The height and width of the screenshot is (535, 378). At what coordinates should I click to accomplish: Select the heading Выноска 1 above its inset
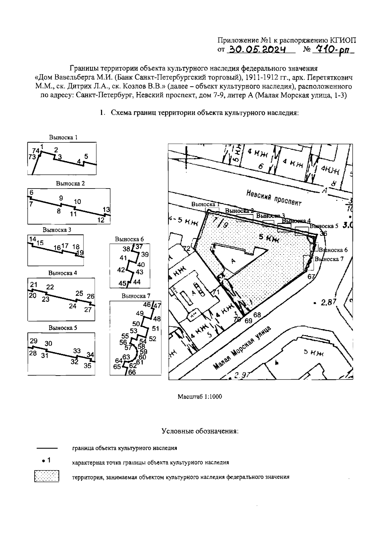pyautogui.click(x=63, y=137)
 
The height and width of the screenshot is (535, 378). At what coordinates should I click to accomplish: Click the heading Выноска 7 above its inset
pyautogui.click(x=136, y=296)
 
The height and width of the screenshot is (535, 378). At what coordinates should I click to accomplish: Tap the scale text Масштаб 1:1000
pyautogui.click(x=200, y=396)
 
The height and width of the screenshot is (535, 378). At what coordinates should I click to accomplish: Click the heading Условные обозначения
pyautogui.click(x=200, y=431)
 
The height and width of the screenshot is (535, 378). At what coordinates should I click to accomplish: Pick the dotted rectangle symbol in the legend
pyautogui.click(x=47, y=476)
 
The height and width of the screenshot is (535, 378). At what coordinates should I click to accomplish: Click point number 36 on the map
pyautogui.click(x=323, y=234)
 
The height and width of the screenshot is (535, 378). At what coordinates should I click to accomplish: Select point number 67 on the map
pyautogui.click(x=311, y=277)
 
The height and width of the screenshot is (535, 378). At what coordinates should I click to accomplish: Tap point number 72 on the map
pyautogui.click(x=187, y=248)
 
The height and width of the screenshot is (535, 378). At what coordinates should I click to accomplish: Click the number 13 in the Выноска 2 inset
pyautogui.click(x=106, y=209)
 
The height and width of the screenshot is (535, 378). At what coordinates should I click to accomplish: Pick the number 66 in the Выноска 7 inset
pyautogui.click(x=132, y=372)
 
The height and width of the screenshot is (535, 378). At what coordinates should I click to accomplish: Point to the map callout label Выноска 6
pyautogui.click(x=333, y=250)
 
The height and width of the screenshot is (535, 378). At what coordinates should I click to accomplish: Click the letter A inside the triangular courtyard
pyautogui.click(x=233, y=261)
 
